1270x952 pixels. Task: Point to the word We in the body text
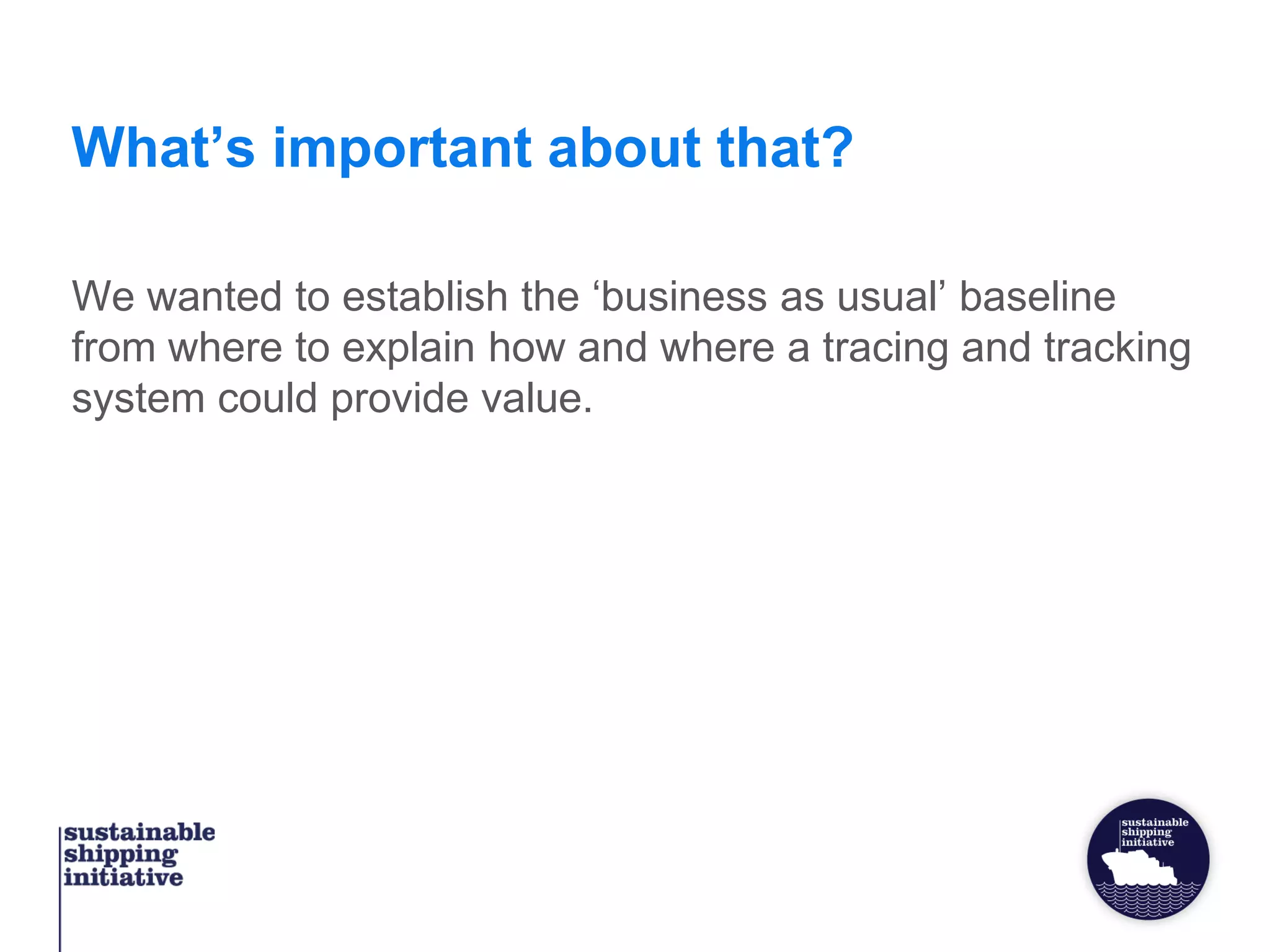[x=103, y=296]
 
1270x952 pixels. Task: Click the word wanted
[x=215, y=296]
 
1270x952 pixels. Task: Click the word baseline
[x=1037, y=296]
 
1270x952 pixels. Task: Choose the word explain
[x=408, y=348]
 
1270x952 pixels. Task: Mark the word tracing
[x=885, y=348]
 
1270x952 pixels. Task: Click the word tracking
[x=1117, y=348]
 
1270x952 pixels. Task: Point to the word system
[x=138, y=399]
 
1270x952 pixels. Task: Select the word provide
[x=399, y=399]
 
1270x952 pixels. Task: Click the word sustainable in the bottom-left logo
[x=140, y=832]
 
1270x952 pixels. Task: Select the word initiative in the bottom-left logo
[x=123, y=878]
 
